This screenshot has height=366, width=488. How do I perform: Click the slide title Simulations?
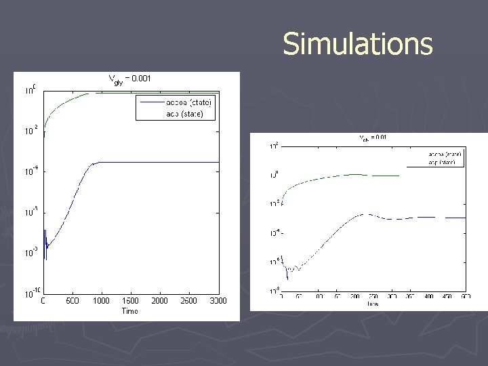[x=357, y=44]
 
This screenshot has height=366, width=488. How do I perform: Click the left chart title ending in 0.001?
[x=130, y=79]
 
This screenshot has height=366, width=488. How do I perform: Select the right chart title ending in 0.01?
[x=372, y=138]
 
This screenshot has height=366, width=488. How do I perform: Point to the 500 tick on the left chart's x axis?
[x=72, y=301]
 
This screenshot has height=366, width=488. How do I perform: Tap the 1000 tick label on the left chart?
[x=101, y=301]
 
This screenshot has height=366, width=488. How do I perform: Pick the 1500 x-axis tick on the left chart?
[x=130, y=301]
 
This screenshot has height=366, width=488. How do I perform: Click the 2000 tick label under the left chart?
[x=159, y=301]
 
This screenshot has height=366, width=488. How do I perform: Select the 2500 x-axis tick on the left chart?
[x=188, y=301]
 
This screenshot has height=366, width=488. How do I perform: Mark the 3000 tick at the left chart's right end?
[x=217, y=301]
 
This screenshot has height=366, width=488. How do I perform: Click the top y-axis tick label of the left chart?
[x=30, y=89]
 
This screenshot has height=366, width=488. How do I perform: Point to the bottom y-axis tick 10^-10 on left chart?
[x=30, y=293]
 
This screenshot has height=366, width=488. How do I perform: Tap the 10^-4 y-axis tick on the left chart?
[x=30, y=171]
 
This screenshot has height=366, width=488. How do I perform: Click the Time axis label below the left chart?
[x=129, y=311]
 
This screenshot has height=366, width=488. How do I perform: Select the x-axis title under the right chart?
[x=373, y=304]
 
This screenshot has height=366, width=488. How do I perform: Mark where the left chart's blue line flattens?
[x=102, y=162]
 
